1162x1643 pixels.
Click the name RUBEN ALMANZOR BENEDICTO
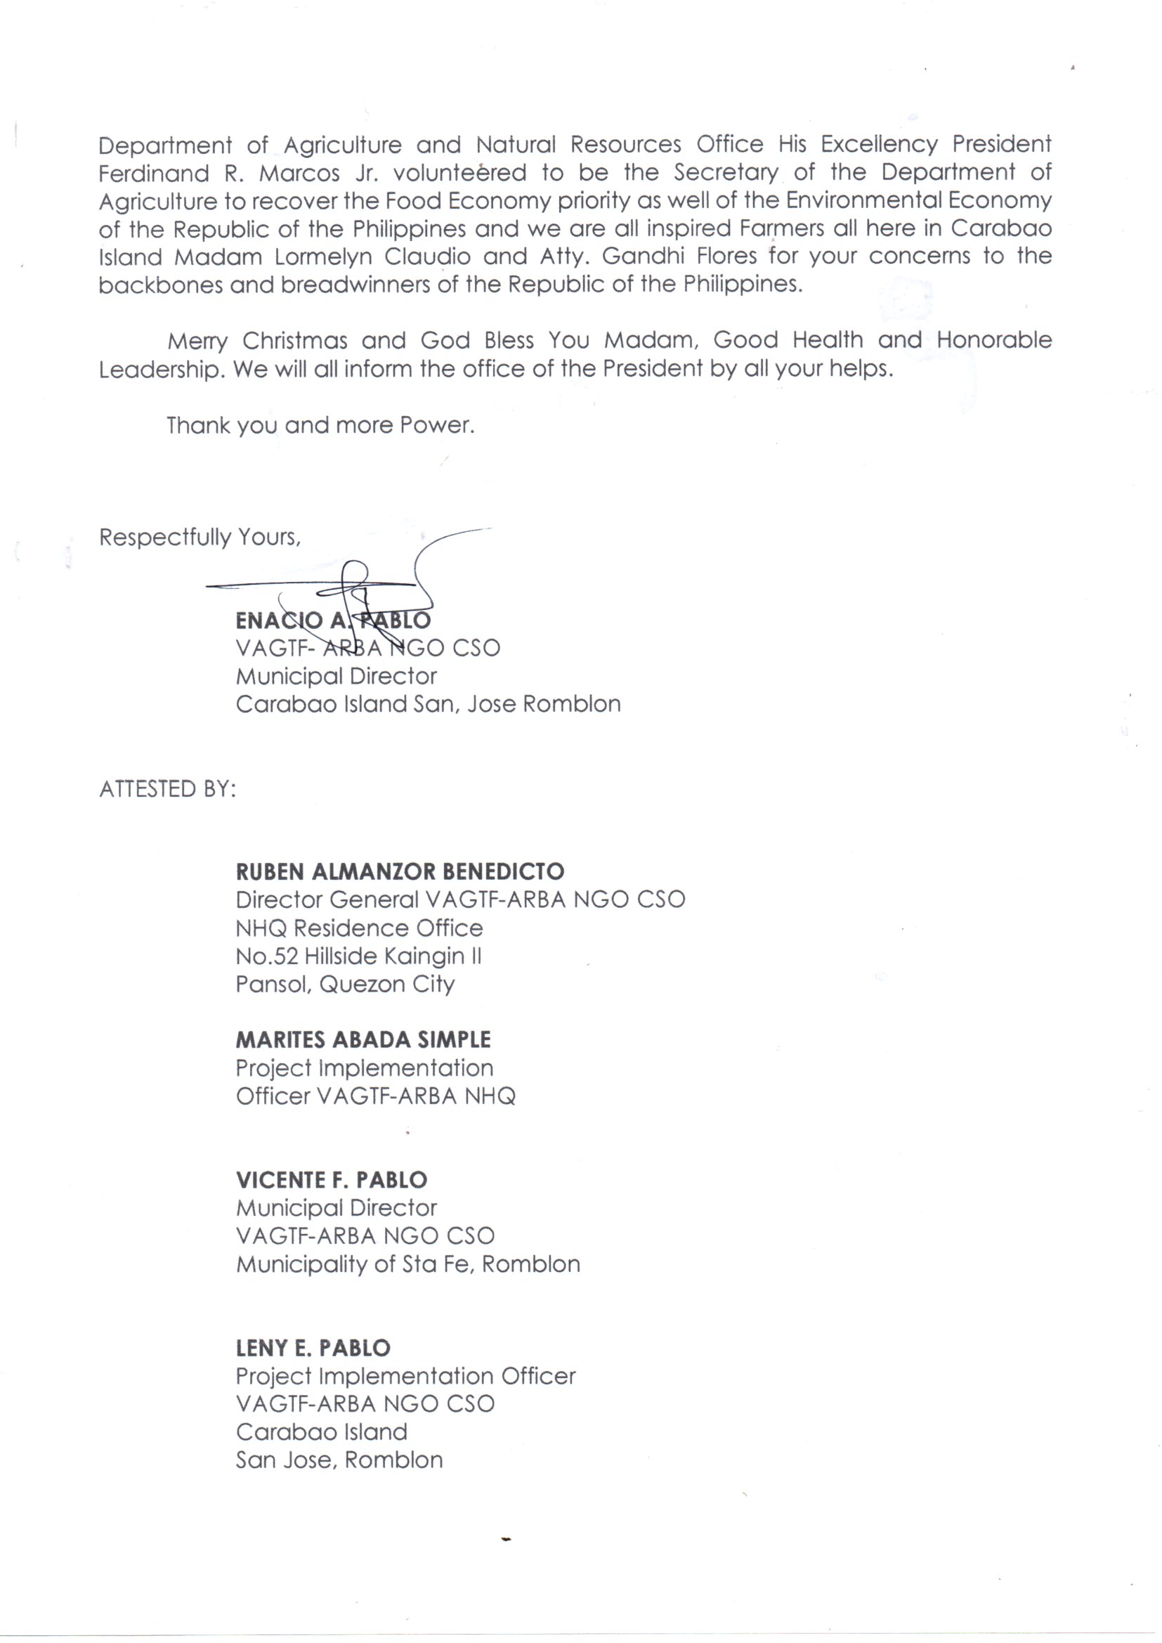tap(400, 871)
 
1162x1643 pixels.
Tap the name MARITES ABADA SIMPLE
tap(363, 1040)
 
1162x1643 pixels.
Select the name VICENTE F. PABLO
tap(332, 1179)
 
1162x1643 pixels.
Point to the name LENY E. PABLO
tap(313, 1348)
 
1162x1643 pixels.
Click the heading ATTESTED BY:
tap(167, 788)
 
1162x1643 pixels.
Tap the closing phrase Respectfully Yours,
tap(200, 537)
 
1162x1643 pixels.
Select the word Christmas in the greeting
tap(295, 341)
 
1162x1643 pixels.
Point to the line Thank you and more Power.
tap(320, 426)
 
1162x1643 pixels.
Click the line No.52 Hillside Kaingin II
tap(358, 956)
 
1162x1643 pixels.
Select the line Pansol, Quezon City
tap(345, 985)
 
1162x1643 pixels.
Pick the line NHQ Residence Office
tap(359, 928)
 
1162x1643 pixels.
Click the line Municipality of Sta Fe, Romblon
tap(408, 1264)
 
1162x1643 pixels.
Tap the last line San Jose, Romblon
tap(339, 1460)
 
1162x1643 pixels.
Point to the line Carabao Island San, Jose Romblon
tap(428, 704)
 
